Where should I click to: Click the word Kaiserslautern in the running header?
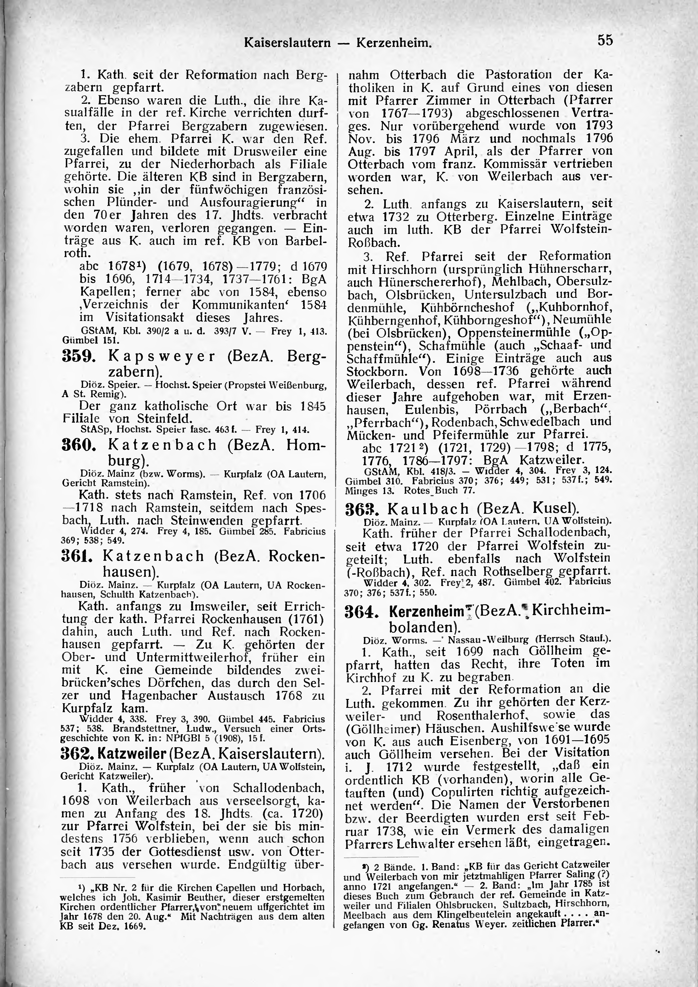pyautogui.click(x=287, y=43)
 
